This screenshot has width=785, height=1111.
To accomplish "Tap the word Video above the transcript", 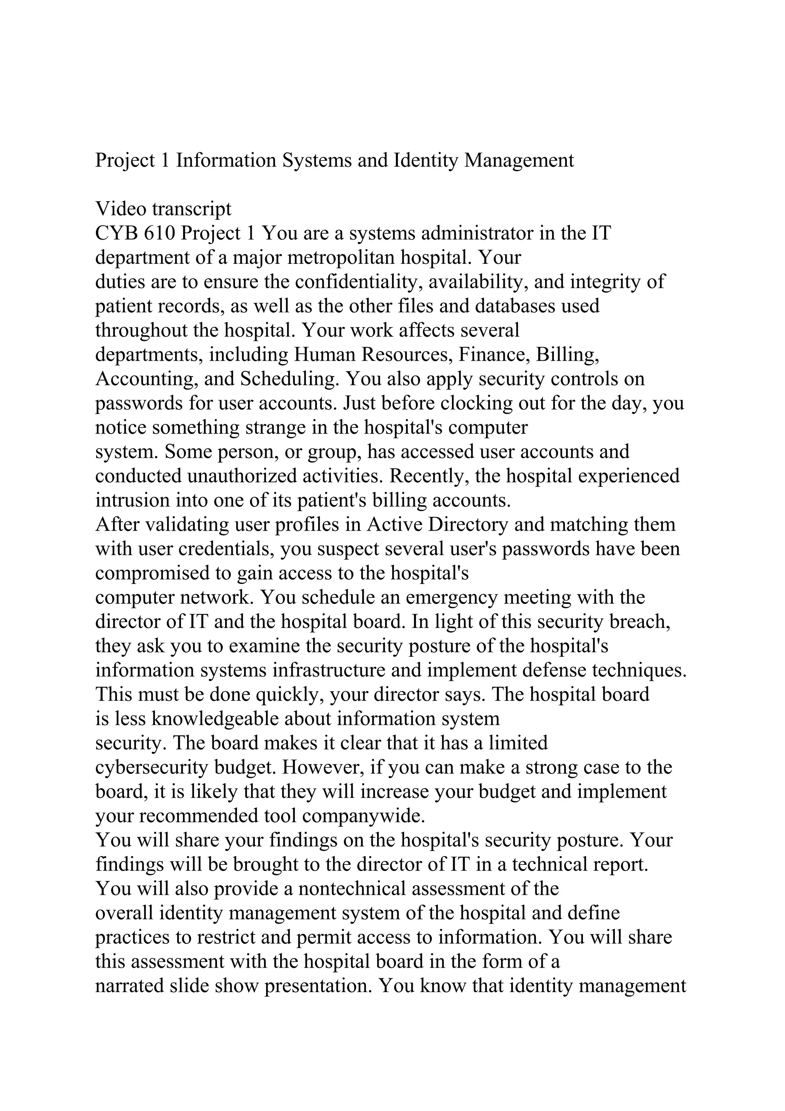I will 121,209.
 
